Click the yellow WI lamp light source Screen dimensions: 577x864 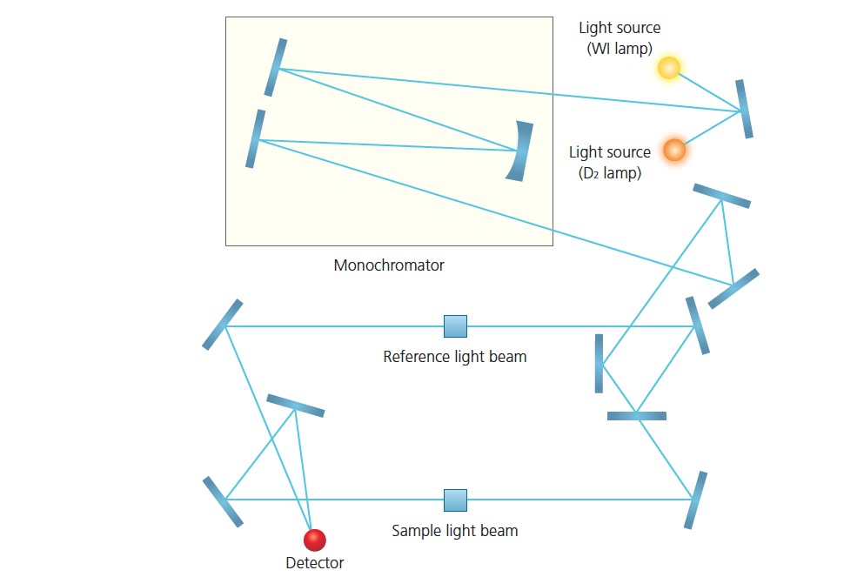[668, 68]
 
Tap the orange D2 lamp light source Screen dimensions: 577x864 [674, 150]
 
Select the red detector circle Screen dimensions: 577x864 [314, 540]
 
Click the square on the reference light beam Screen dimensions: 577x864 [455, 326]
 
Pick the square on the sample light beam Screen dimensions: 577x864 [455, 500]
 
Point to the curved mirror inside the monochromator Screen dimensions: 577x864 [519, 151]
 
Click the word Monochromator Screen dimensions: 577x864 [389, 265]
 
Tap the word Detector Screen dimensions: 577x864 [314, 563]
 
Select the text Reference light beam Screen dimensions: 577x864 [454, 357]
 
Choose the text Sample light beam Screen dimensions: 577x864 [454, 531]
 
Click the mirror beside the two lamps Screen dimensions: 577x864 [744, 109]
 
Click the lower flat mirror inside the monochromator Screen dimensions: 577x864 [254, 138]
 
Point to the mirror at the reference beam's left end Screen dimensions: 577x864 [223, 325]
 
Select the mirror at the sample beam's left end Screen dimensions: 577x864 [223, 501]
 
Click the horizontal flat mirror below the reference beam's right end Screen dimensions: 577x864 [637, 416]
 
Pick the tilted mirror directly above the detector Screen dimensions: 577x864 [295, 406]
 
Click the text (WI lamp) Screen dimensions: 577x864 [620, 49]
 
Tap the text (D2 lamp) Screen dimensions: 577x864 [610, 173]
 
